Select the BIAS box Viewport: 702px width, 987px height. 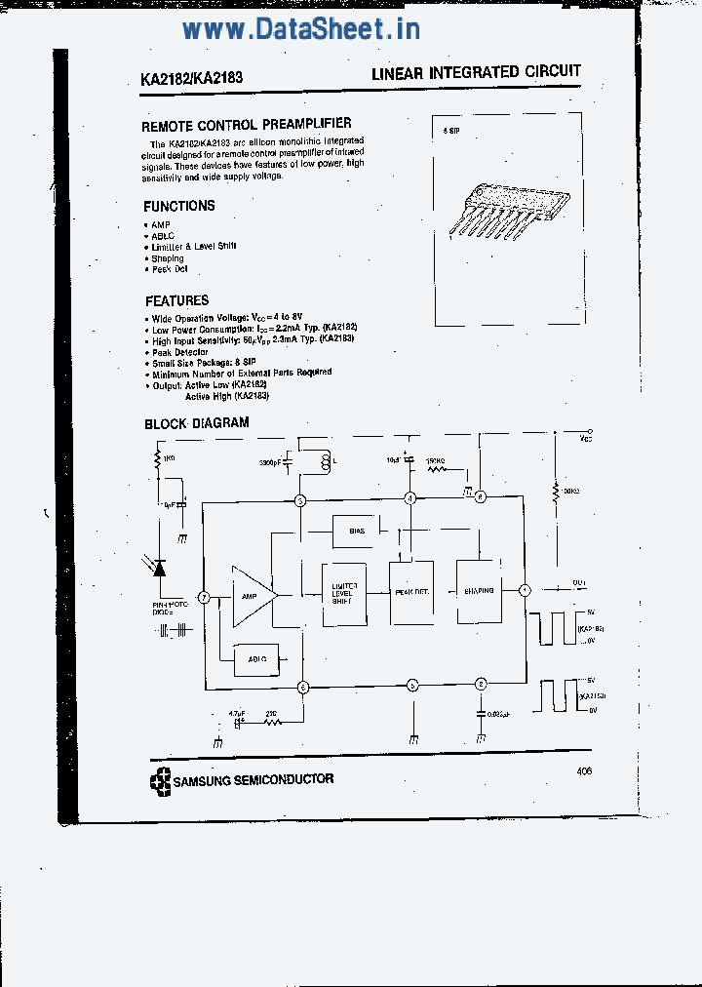[x=355, y=532]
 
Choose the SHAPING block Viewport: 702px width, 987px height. [x=478, y=590]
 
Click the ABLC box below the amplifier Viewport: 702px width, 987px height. [x=256, y=659]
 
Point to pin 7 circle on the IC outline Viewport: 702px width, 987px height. [x=204, y=597]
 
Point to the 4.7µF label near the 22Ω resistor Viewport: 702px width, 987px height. [x=236, y=713]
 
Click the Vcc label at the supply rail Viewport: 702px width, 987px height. [x=584, y=439]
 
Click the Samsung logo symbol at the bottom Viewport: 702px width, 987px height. [x=159, y=780]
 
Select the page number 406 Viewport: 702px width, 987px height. [x=584, y=770]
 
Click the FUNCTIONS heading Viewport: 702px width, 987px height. [x=179, y=206]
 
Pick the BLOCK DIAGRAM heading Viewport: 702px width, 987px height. [x=197, y=423]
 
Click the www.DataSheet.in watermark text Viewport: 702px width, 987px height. [x=301, y=29]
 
